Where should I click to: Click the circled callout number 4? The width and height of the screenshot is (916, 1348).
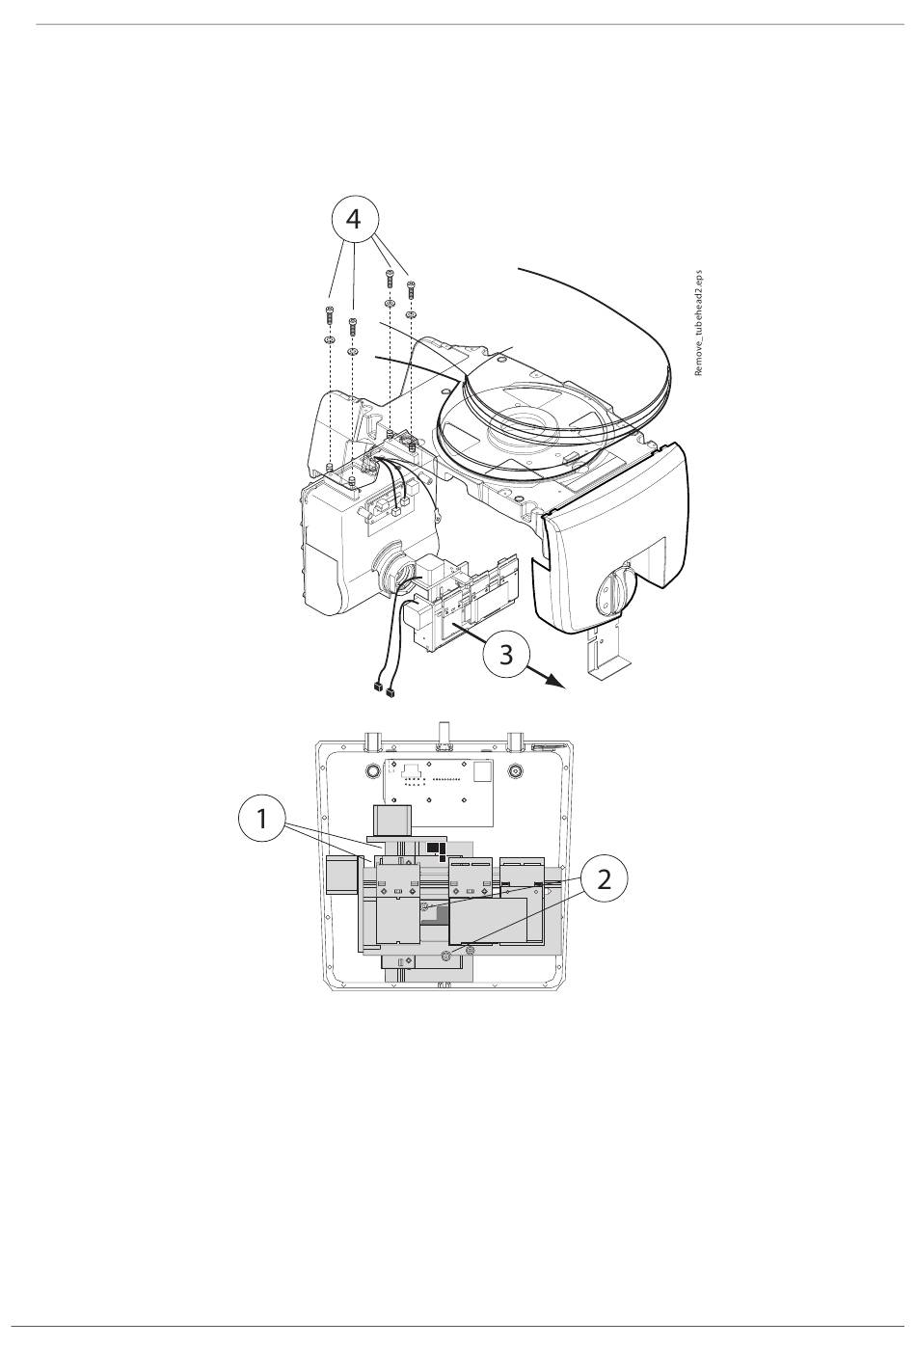pyautogui.click(x=354, y=220)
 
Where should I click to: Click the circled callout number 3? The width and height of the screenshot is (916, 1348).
pyautogui.click(x=506, y=654)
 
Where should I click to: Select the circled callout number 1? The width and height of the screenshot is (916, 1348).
pyautogui.click(x=262, y=819)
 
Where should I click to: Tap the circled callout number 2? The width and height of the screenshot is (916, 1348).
pyautogui.click(x=604, y=879)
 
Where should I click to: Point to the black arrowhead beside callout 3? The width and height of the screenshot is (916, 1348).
pyautogui.click(x=555, y=682)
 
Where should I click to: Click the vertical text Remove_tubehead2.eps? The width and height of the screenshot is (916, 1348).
pyautogui.click(x=698, y=323)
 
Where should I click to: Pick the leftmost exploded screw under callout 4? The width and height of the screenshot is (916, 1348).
pyautogui.click(x=330, y=314)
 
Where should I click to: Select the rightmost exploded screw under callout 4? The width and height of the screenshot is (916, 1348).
pyautogui.click(x=411, y=289)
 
